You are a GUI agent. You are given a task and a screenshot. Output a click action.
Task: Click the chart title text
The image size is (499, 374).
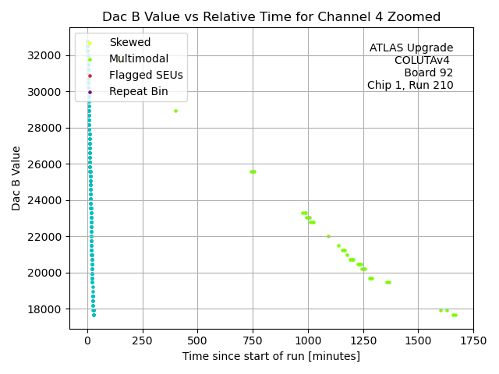click(x=271, y=16)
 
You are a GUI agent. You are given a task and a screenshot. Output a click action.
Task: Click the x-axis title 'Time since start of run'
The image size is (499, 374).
click(x=271, y=356)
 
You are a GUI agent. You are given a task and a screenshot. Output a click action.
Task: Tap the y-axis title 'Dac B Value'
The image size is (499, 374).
click(x=16, y=178)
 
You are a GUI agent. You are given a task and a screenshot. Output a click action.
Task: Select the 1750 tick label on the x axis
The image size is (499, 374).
click(x=473, y=340)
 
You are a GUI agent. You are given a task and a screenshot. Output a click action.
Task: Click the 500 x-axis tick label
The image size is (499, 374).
click(x=197, y=340)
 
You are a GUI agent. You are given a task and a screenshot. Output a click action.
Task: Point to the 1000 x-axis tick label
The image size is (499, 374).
click(x=308, y=340)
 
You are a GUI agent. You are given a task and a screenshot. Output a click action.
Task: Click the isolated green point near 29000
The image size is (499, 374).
click(x=175, y=111)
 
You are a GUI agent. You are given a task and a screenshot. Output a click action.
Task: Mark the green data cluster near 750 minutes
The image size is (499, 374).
click(x=253, y=171)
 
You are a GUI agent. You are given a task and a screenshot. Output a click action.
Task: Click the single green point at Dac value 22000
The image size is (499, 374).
click(x=328, y=236)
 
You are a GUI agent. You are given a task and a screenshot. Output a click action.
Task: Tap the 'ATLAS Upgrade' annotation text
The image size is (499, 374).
click(x=411, y=48)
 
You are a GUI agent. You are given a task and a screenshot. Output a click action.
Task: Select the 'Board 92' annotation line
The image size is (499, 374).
click(x=428, y=73)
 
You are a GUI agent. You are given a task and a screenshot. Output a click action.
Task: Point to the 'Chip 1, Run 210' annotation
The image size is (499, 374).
click(x=410, y=86)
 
